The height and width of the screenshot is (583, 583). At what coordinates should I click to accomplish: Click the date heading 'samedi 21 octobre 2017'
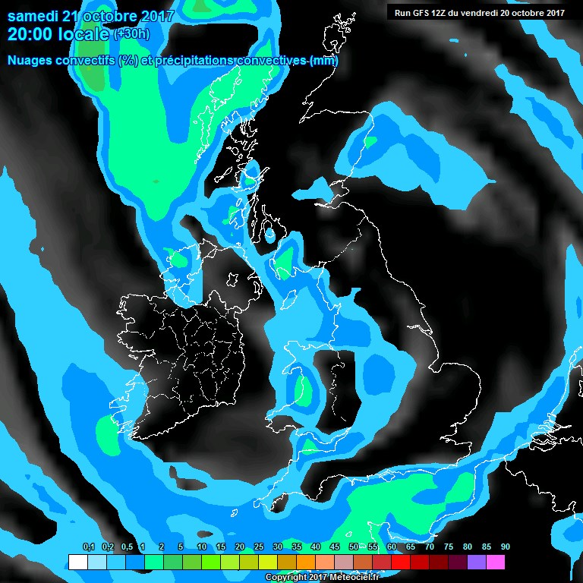90,15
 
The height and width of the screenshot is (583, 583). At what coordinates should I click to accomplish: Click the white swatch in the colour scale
77,563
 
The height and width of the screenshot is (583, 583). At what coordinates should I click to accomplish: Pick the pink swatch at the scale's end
496,563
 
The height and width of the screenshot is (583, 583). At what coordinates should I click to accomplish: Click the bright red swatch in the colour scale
400,563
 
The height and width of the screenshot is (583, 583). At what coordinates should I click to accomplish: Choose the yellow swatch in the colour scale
267,563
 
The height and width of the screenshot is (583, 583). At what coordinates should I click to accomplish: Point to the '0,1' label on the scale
88,547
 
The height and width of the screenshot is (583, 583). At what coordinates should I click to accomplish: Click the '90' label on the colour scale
505,547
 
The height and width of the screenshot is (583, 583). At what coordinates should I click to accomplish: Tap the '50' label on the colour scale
354,547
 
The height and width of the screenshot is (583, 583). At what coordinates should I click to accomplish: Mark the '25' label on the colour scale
259,547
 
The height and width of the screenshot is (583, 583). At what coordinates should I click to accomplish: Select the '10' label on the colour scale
202,547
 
